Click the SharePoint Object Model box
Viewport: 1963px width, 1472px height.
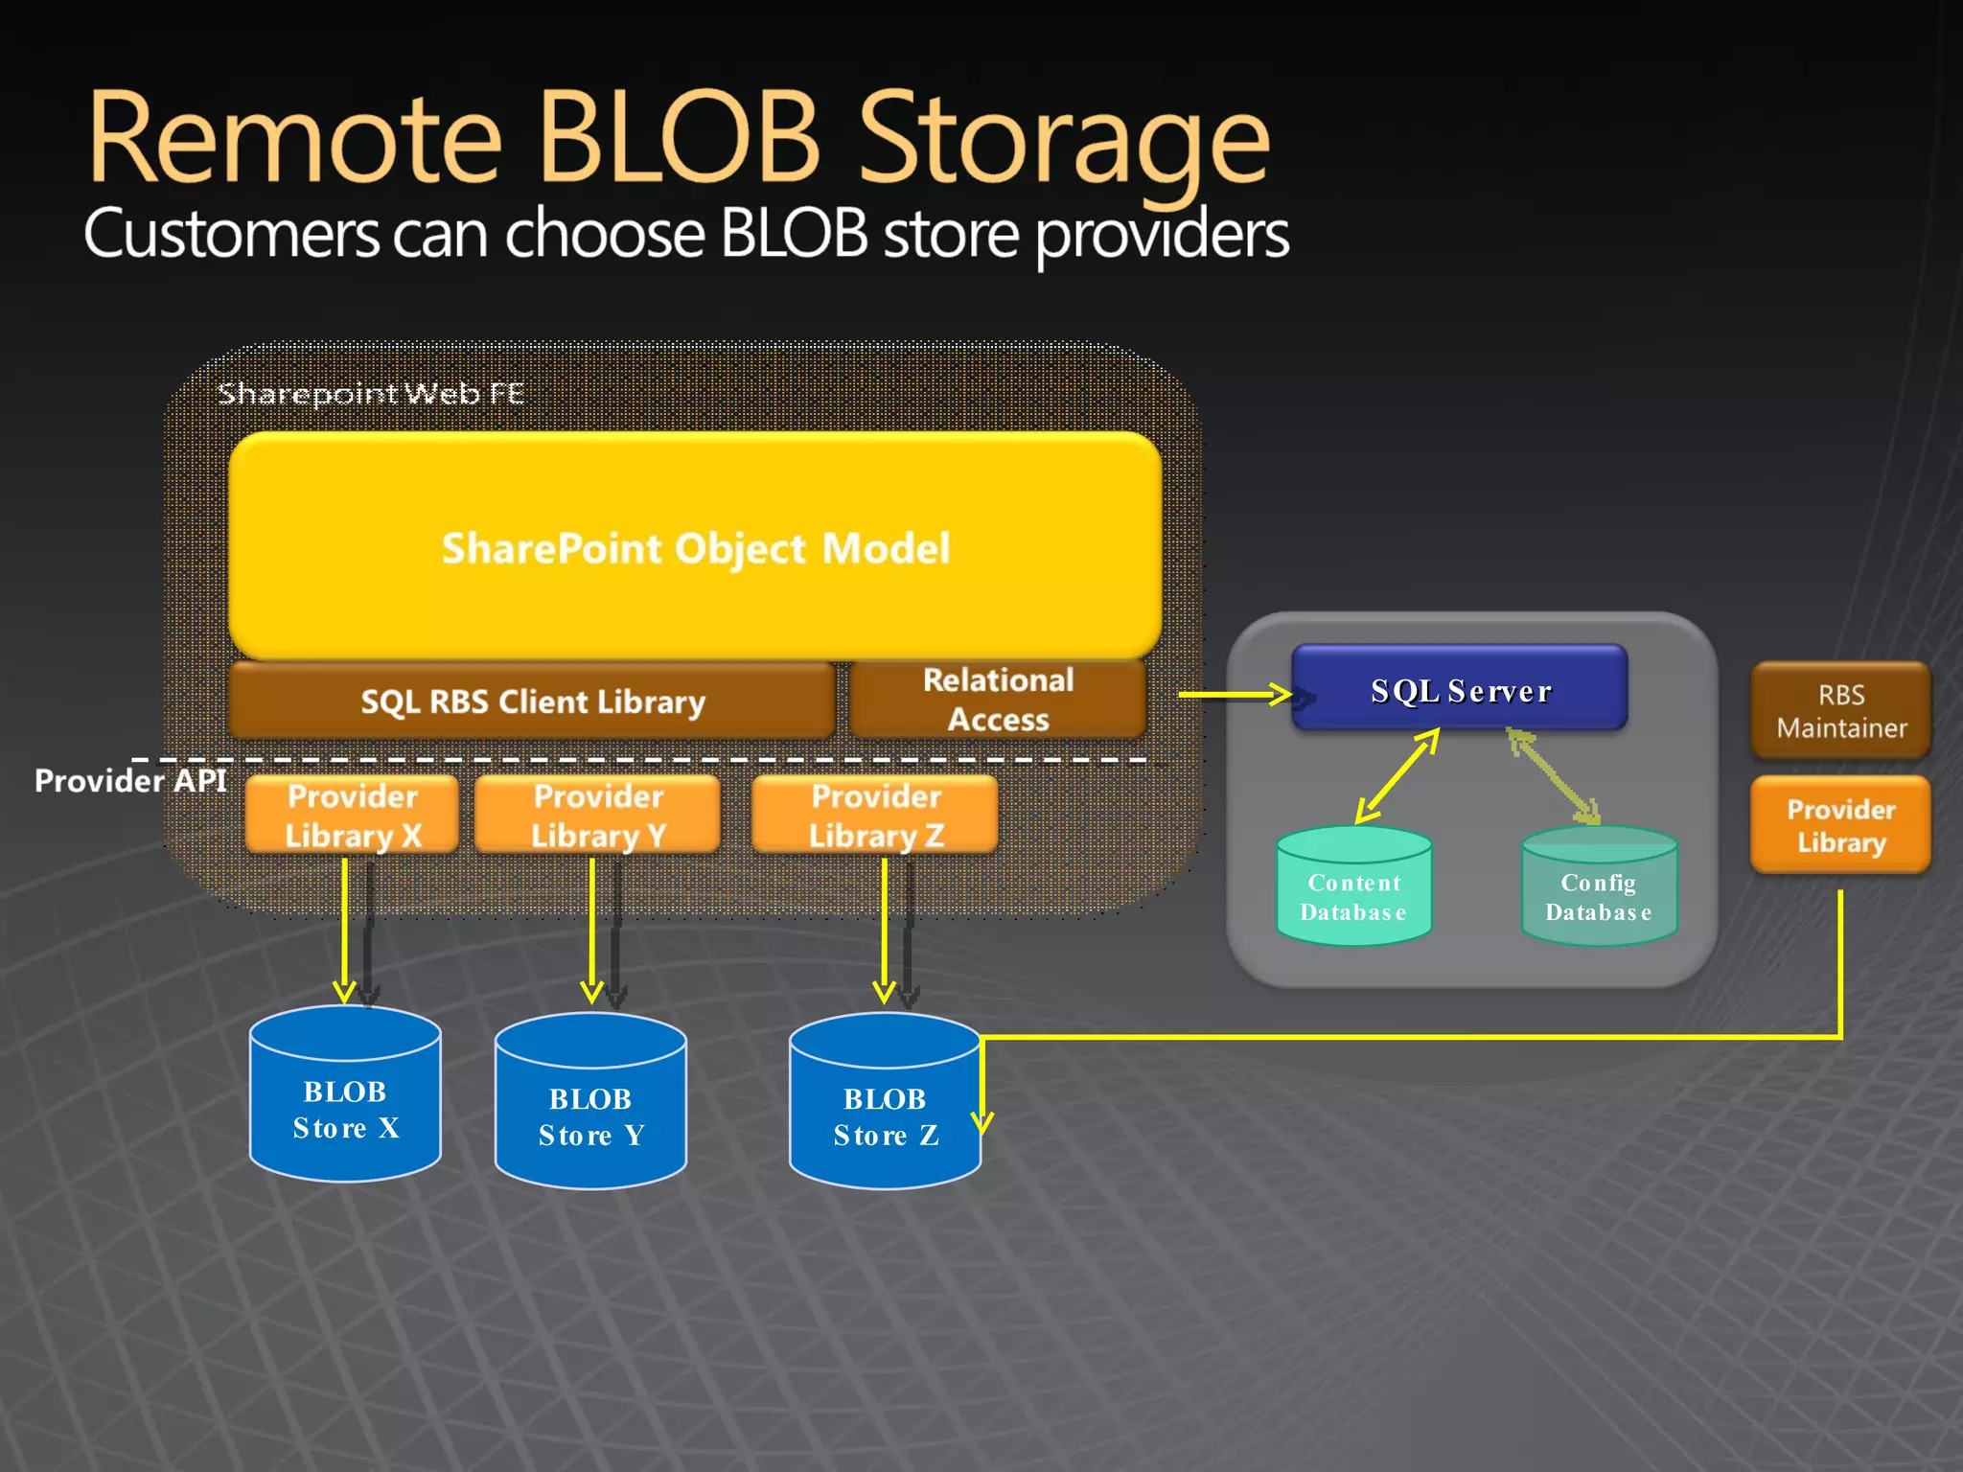coord(695,546)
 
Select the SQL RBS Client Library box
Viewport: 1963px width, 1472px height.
coord(532,701)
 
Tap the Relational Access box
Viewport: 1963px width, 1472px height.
coord(998,700)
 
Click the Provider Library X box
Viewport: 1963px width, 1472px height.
coord(352,816)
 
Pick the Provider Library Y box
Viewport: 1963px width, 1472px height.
coord(597,816)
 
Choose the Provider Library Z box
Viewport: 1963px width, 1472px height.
coord(875,816)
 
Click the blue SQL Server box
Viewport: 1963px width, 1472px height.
coord(1459,690)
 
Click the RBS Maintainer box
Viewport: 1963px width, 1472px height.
coord(1840,710)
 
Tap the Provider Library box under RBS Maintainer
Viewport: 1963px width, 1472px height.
coord(1840,825)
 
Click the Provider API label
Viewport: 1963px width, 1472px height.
coord(130,780)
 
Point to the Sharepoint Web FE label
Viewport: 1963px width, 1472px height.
coord(370,393)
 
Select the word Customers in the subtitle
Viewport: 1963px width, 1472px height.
coord(231,234)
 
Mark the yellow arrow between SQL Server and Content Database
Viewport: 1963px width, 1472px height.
coord(1397,776)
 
